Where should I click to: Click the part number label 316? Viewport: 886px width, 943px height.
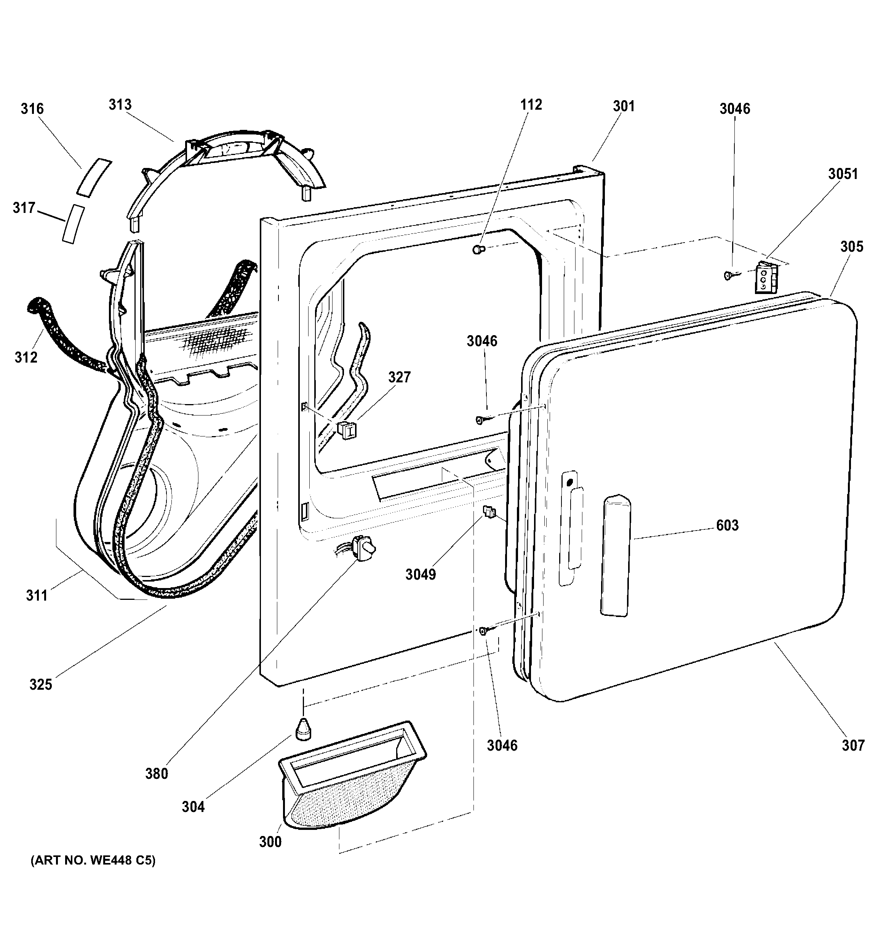(x=32, y=109)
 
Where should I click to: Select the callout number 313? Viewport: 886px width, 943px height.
(x=120, y=104)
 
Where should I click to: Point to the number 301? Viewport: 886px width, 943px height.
(x=624, y=106)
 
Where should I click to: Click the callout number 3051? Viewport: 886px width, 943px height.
(x=843, y=174)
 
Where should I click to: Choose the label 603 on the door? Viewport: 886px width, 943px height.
(x=727, y=525)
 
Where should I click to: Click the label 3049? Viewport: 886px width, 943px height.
(x=421, y=574)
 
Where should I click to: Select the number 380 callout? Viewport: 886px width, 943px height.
(x=157, y=774)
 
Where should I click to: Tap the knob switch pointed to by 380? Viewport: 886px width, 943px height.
(x=364, y=548)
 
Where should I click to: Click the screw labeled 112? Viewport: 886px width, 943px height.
(x=478, y=249)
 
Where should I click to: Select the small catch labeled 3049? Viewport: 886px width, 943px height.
(x=489, y=512)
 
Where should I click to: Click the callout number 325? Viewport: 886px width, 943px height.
(x=41, y=684)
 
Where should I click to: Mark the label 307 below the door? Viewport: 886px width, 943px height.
(x=853, y=745)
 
